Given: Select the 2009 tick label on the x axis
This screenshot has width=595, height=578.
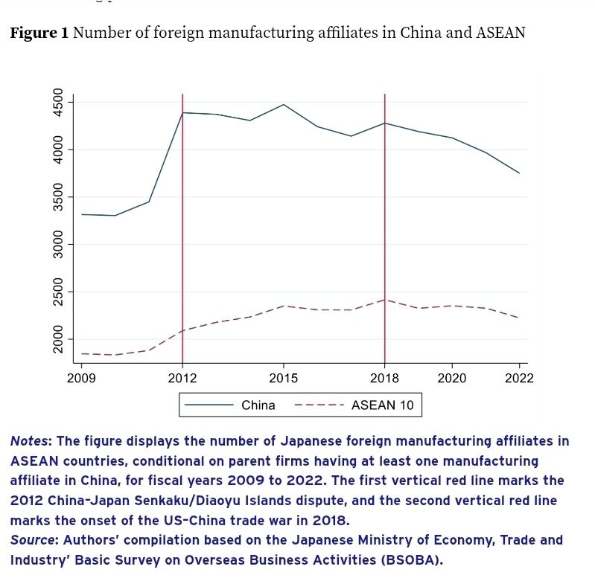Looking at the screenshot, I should [x=81, y=378].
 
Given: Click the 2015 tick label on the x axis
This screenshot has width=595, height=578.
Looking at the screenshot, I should [x=283, y=378].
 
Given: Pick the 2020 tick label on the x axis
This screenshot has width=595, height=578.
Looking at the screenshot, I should [x=451, y=378].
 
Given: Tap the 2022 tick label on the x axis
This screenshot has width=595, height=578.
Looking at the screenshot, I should [x=519, y=378].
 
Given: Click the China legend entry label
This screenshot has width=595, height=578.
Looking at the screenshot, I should [x=258, y=405].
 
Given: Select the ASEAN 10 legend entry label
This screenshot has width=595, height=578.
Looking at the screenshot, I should [x=382, y=405].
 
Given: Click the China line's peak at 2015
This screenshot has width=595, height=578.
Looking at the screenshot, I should [x=283, y=105].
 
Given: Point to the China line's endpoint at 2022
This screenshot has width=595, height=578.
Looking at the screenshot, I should [x=519, y=173].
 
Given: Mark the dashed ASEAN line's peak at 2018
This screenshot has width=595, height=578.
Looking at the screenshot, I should [x=384, y=300].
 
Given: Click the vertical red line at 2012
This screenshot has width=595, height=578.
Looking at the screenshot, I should [x=182, y=223].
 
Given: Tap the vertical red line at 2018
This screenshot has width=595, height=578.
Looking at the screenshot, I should [x=384, y=223].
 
